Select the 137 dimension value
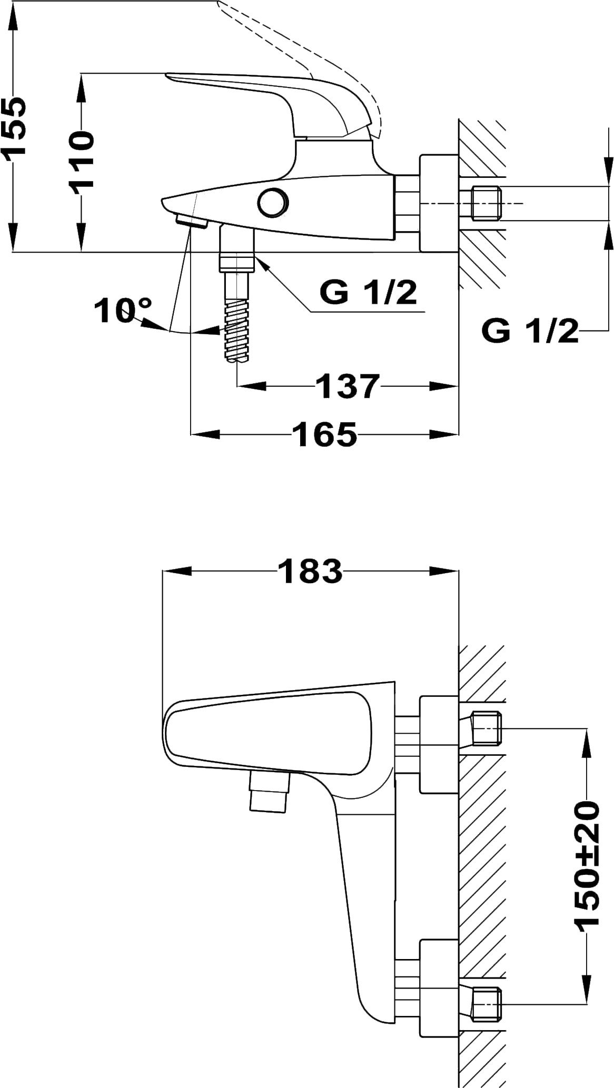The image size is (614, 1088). [348, 387]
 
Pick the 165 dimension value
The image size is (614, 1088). [325, 434]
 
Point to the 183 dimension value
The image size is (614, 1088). [310, 571]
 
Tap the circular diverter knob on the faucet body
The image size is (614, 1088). [273, 202]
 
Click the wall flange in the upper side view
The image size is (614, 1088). [438, 203]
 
